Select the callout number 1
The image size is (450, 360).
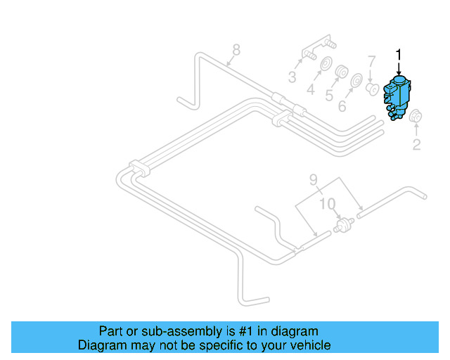pos(399,54)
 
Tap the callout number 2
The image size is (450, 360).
pos(416,145)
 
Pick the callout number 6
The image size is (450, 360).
pos(342,106)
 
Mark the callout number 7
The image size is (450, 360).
pos(371,61)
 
